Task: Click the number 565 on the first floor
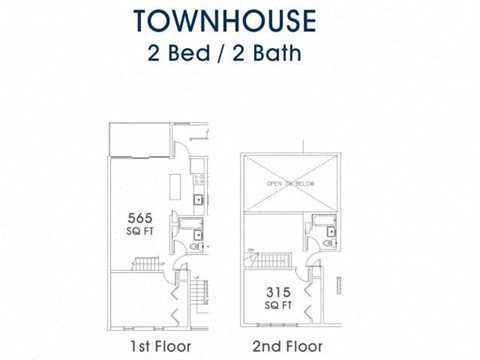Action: pyautogui.click(x=138, y=217)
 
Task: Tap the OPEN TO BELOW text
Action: pyautogui.click(x=290, y=185)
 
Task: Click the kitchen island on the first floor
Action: pyautogui.click(x=176, y=188)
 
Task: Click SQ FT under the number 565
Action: pyautogui.click(x=138, y=231)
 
